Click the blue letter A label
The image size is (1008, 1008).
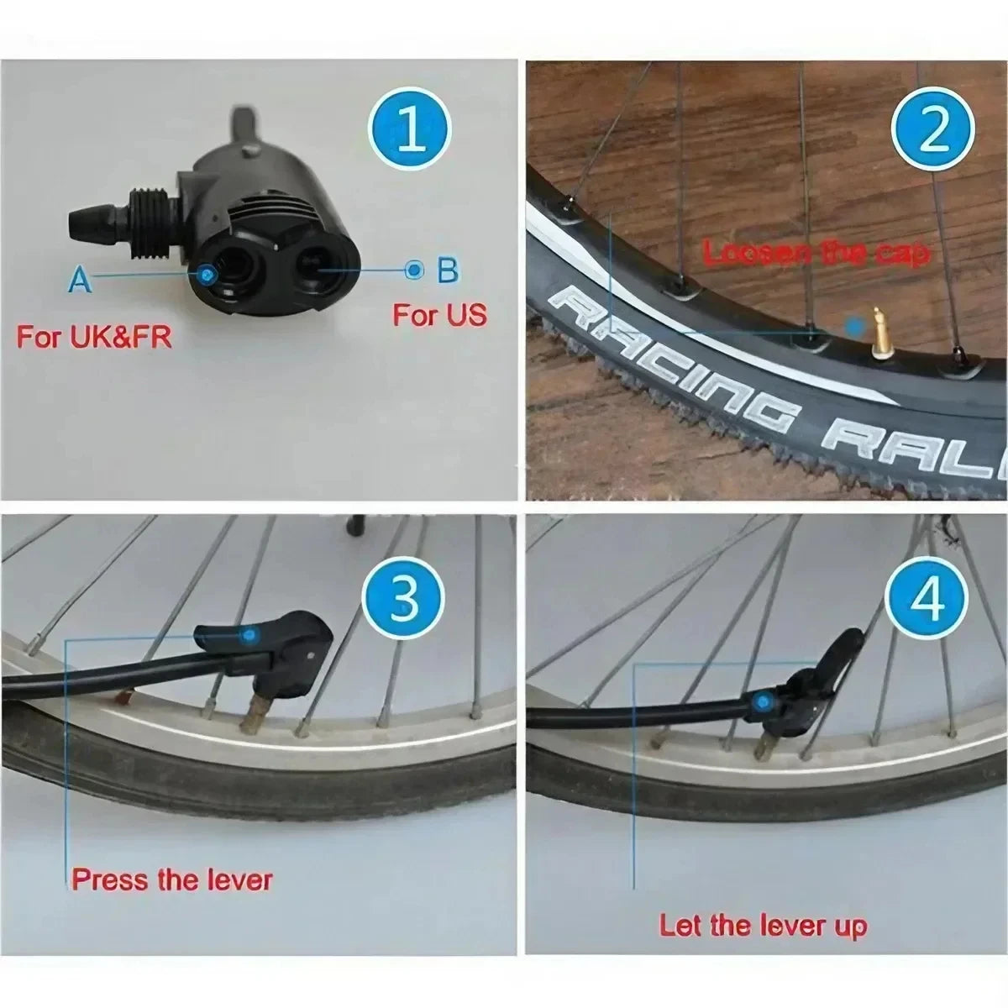coord(80,279)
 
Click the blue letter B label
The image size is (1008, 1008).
coord(448,270)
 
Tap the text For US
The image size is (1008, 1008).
coord(439,315)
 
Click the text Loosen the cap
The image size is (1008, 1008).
coord(815,253)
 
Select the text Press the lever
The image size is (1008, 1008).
coord(172,879)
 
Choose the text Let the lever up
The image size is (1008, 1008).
coord(762,926)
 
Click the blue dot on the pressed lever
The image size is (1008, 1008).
coord(247,636)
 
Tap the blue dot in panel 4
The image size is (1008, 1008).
coord(763,700)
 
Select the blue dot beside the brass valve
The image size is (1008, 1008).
coord(855,325)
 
